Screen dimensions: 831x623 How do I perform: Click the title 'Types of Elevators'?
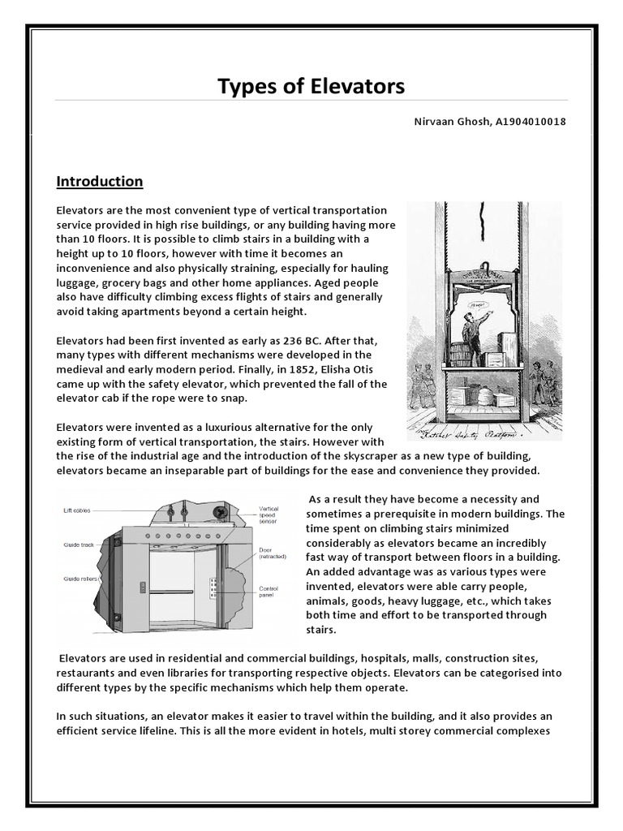(x=311, y=86)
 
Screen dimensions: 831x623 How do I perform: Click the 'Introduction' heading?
(x=100, y=181)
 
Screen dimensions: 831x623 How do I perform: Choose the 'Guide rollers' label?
(x=82, y=579)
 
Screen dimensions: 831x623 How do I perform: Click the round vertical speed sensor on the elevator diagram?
(x=218, y=513)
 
